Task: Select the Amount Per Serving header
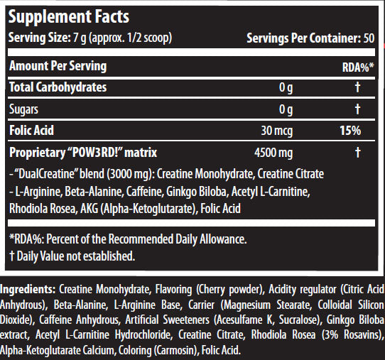58,66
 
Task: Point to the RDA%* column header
357,68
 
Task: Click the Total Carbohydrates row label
58,87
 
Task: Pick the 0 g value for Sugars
286,109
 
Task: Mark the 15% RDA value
349,131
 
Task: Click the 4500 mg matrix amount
273,153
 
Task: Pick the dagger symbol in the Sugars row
358,109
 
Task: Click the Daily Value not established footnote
71,255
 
